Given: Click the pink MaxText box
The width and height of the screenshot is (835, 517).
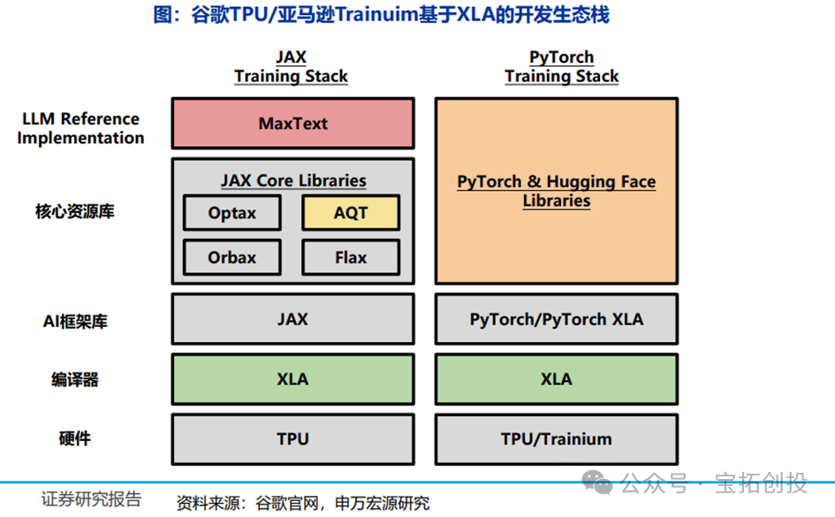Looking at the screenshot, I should (292, 124).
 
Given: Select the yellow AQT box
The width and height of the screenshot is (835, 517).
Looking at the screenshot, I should (351, 213).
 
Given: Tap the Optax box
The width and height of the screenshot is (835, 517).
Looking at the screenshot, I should (232, 213).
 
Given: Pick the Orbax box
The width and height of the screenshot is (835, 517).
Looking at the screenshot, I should (232, 257).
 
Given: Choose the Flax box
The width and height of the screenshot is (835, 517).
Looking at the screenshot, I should (351, 257).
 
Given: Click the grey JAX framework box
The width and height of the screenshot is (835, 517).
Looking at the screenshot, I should (292, 319).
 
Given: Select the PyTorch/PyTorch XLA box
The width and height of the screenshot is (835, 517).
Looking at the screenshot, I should (557, 319).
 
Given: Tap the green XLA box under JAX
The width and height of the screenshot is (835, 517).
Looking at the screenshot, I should (292, 379).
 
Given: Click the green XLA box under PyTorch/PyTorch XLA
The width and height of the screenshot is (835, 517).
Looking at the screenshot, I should (557, 379).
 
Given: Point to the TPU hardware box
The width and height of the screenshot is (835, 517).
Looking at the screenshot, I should (292, 438).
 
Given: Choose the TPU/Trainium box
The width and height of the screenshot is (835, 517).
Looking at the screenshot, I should (557, 438).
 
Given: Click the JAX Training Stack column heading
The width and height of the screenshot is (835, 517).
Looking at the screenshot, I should (291, 67).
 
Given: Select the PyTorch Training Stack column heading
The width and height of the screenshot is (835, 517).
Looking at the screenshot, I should (562, 67).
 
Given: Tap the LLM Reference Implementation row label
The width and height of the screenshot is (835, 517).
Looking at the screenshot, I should (80, 128).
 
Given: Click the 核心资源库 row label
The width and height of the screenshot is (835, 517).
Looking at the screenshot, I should (75, 212).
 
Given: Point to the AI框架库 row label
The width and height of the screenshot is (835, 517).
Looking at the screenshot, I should (75, 322).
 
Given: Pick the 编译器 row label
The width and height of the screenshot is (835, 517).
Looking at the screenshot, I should (75, 380).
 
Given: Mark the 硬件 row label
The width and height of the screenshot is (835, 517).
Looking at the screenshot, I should (75, 438).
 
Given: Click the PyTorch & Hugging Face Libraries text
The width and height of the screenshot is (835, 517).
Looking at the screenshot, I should (557, 191).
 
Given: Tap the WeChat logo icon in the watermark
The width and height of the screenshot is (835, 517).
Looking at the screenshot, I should (601, 483).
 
